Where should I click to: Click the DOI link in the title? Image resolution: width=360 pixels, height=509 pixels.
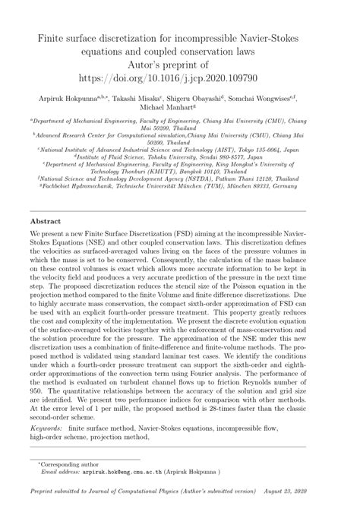coord(180,77)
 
